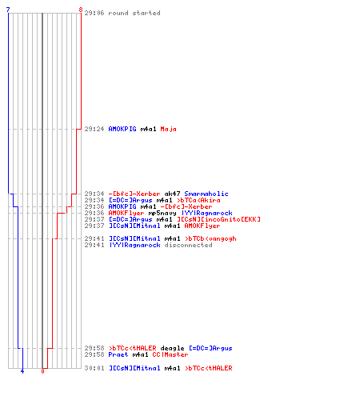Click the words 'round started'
click(134, 13)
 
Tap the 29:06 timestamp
click(94, 13)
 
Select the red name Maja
click(168, 129)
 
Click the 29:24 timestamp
click(94, 129)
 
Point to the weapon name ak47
click(172, 194)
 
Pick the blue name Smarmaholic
click(206, 194)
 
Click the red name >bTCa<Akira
click(198, 200)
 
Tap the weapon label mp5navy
click(162, 213)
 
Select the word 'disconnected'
click(188, 245)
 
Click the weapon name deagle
click(172, 348)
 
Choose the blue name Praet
click(118, 354)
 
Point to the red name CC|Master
click(170, 354)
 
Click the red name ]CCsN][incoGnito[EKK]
click(218, 219)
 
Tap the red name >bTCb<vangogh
click(210, 238)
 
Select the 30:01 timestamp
click(94, 368)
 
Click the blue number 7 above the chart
click(8, 10)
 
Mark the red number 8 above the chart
click(81, 10)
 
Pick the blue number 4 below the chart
click(22, 371)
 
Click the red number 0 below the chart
click(42, 371)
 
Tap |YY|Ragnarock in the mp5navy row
click(206, 213)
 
